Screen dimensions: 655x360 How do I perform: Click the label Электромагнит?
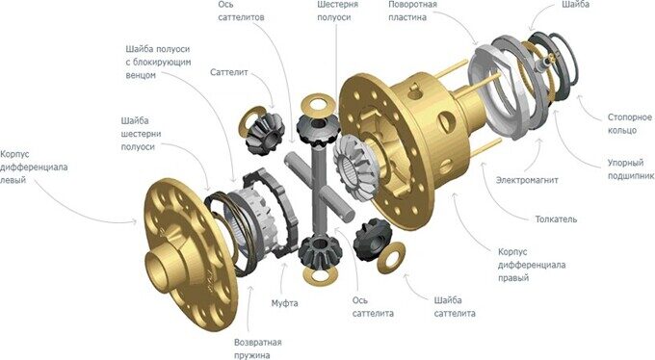point(527,180)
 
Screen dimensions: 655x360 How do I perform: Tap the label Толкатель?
point(556,219)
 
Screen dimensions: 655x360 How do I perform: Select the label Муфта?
point(284,303)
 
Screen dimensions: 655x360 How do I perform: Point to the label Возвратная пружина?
point(258,349)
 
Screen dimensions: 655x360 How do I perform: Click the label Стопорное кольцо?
point(630,123)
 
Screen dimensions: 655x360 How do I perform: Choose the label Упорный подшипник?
point(631,169)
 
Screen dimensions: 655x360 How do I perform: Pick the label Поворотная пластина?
point(412,11)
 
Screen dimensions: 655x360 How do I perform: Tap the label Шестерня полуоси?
point(337,11)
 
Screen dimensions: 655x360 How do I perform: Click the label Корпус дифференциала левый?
point(34,167)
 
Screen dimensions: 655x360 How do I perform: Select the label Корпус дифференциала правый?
point(532,265)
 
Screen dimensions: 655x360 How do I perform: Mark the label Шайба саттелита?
point(455,307)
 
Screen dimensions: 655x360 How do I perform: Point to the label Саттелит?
point(229,72)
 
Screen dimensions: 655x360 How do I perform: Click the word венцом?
point(141,75)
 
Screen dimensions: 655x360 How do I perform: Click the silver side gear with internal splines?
point(355,167)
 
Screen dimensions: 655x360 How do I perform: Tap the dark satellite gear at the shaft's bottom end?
point(321,251)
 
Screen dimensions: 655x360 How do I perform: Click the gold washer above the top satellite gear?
point(318,104)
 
